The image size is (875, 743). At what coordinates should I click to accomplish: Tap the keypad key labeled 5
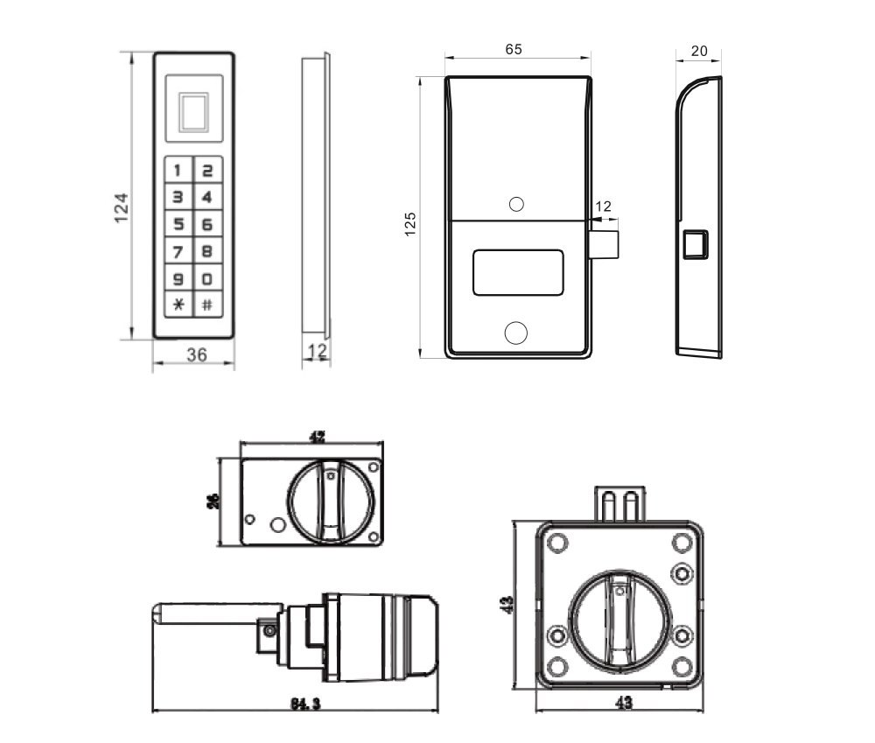[178, 225]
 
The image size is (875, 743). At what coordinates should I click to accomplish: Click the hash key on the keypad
[207, 305]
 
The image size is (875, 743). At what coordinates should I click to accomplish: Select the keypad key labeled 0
[207, 279]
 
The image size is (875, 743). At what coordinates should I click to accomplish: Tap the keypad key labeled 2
[207, 171]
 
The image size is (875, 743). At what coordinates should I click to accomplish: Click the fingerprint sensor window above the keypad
[193, 110]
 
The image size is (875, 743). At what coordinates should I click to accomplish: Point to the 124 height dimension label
[122, 207]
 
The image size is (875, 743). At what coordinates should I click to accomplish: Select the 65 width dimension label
[514, 50]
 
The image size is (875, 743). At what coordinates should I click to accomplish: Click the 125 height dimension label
[409, 224]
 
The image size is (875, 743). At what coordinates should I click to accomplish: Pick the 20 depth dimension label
[699, 52]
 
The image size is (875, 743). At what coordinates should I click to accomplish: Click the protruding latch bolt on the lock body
[605, 245]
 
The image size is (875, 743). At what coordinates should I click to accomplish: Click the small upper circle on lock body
[516, 205]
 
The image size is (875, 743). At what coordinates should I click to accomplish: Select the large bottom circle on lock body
[516, 333]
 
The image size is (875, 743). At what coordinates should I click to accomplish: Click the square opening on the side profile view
[696, 245]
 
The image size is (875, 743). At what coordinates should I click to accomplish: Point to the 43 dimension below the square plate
[622, 703]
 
